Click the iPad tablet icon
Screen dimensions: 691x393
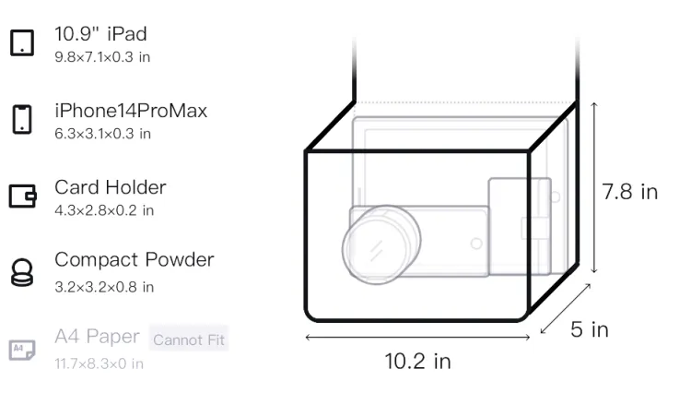pos(22,42)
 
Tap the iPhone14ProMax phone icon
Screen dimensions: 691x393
pos(22,119)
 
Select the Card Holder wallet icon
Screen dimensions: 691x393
pos(22,196)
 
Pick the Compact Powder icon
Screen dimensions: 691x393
pos(22,272)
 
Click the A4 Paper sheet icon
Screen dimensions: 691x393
pos(22,350)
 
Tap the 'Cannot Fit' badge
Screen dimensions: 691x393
pos(189,339)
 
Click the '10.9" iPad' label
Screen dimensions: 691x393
pos(100,34)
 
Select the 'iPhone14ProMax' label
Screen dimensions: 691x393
pos(131,111)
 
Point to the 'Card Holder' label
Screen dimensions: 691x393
pos(111,187)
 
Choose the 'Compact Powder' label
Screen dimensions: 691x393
pos(135,260)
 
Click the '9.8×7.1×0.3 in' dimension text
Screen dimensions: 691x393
pos(102,57)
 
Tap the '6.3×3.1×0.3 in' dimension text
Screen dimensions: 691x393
pos(102,134)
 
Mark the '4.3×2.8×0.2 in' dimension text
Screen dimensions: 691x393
pos(104,210)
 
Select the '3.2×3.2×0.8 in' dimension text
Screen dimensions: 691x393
pos(104,287)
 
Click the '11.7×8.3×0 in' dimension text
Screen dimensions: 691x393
pos(99,363)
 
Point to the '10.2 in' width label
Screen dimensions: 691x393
pos(417,362)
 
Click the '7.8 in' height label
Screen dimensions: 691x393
pos(630,192)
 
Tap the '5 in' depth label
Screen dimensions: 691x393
pos(590,329)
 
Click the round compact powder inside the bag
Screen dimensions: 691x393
pos(381,244)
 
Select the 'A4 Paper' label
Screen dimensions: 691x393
pos(97,337)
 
